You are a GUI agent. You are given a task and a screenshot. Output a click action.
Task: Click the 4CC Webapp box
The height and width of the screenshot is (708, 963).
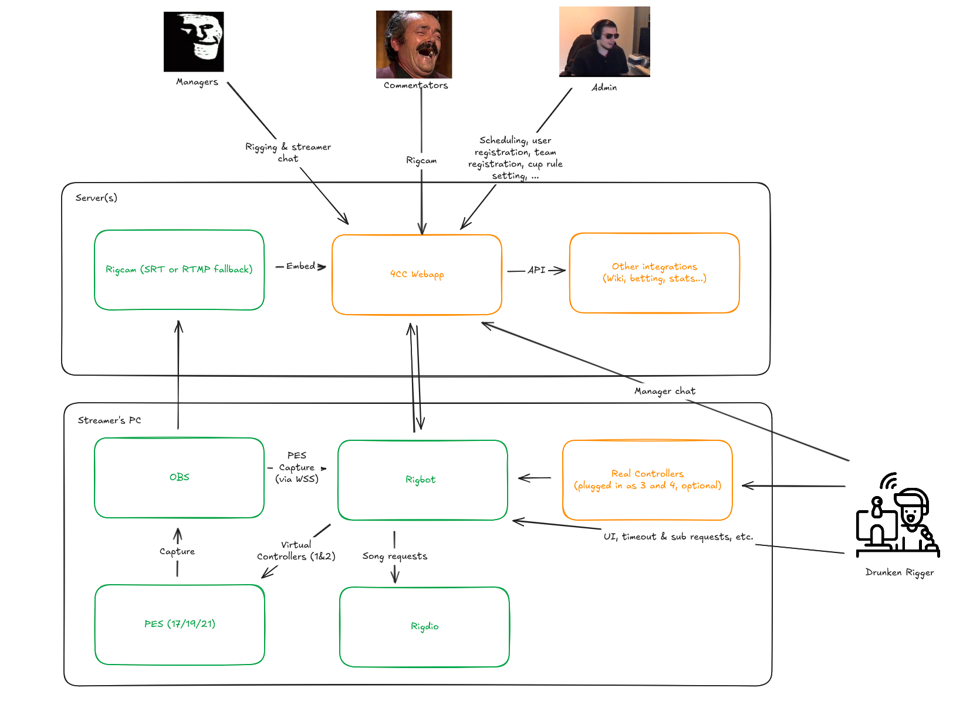[x=417, y=275]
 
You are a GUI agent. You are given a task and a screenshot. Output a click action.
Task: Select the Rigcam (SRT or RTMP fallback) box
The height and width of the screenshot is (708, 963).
[x=179, y=270]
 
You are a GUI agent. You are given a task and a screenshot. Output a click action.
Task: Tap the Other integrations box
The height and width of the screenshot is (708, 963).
[x=654, y=273]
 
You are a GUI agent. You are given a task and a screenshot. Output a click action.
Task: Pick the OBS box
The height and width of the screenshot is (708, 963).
[x=179, y=477]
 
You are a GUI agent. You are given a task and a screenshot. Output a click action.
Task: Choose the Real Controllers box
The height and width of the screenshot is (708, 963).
[x=647, y=480]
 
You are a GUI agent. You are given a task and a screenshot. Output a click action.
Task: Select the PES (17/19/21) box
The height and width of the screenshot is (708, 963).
[x=180, y=624]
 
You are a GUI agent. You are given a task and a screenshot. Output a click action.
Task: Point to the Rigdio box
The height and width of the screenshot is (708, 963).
[x=424, y=626]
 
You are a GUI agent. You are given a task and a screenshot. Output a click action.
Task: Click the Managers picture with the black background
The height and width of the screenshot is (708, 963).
[x=194, y=42]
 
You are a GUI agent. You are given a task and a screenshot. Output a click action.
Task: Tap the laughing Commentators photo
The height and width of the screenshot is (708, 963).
[x=414, y=44]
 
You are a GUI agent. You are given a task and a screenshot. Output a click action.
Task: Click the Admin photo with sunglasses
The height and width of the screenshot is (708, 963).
[x=604, y=42]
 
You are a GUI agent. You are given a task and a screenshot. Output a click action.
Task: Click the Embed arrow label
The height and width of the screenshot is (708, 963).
[x=300, y=266]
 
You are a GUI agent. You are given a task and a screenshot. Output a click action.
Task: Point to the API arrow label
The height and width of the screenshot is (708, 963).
[x=536, y=270]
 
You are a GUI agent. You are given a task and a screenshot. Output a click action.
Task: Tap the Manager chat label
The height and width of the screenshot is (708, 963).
[x=664, y=391]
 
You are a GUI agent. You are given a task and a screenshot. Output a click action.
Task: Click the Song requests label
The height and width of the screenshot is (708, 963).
[x=394, y=556]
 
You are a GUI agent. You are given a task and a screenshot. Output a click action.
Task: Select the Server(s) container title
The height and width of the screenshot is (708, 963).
[x=96, y=198]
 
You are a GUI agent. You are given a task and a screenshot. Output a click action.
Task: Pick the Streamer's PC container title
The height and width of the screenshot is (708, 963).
[x=109, y=420]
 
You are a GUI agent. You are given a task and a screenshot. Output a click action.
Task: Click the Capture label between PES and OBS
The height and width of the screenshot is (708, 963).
[x=177, y=551]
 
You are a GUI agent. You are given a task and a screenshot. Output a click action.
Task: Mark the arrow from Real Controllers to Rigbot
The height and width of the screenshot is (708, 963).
[x=535, y=478]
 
